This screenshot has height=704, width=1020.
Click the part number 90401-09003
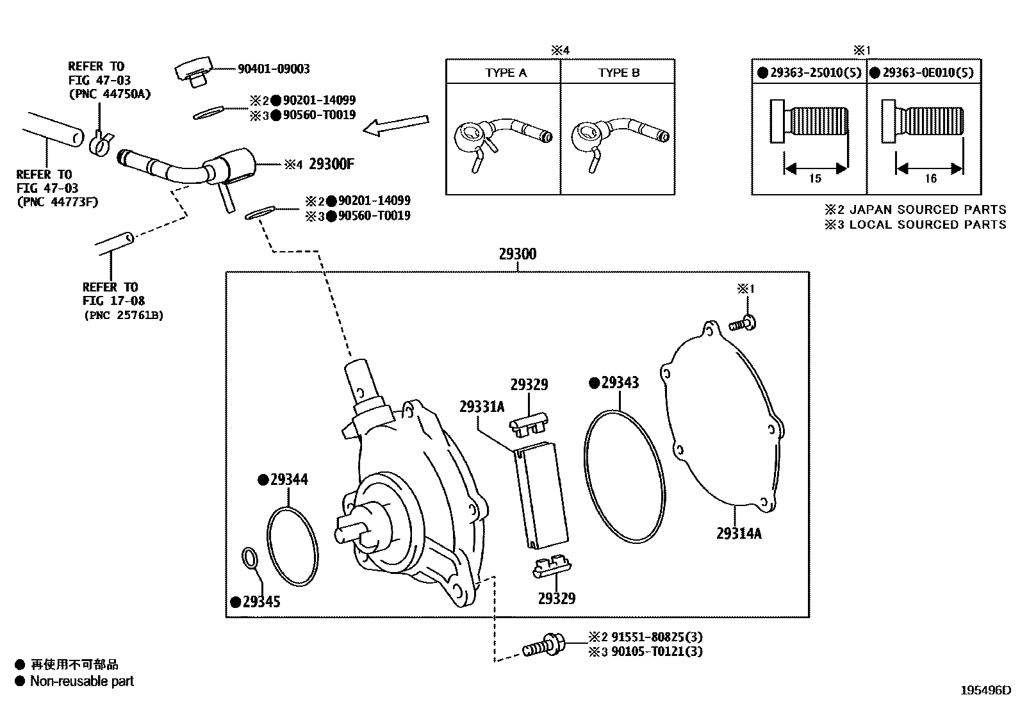pos(274,69)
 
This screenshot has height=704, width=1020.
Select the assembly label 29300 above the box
pos(517,254)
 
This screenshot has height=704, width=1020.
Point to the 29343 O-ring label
pos(620,383)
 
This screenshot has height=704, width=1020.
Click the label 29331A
pos(481,407)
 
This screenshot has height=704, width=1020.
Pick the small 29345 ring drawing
pos(251,557)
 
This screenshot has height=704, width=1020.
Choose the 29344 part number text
pos(289,479)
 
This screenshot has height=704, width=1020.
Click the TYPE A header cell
pos(506,73)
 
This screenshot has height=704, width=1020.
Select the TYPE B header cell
pos(619,73)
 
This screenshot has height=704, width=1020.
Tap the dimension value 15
pos(814,179)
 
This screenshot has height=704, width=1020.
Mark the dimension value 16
pos(930,179)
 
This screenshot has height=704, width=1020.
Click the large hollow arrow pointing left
pos(395,125)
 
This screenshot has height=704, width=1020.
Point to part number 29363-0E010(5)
pos(928,73)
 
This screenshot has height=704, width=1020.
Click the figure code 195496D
pos(985,691)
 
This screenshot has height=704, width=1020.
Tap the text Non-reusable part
pos(82,682)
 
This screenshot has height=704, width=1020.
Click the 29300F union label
pos(331,165)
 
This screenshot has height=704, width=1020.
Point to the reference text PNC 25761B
pos(123,315)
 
